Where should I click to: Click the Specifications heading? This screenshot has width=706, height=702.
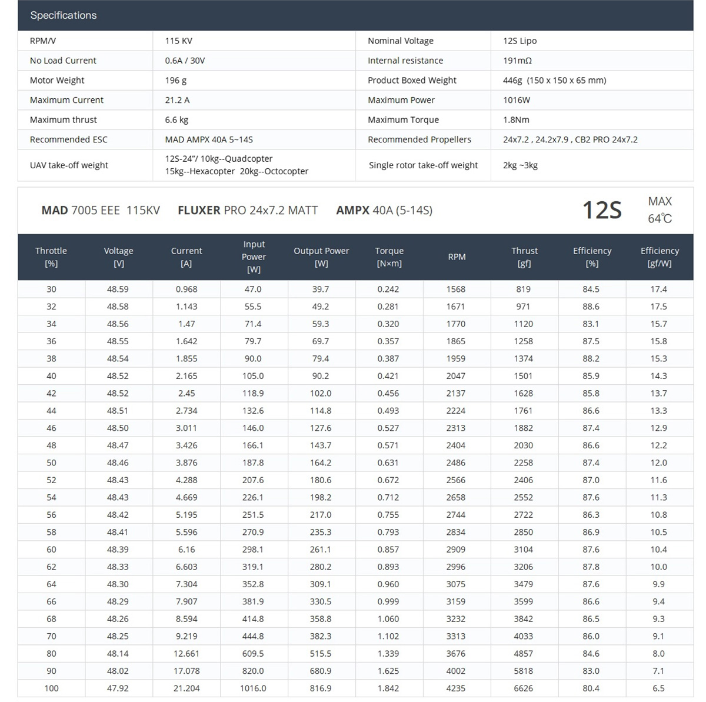(x=64, y=15)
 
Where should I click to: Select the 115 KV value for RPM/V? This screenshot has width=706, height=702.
(x=178, y=41)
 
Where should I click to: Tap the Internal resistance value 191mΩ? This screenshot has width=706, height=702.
(x=517, y=61)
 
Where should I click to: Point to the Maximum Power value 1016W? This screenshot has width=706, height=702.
(x=517, y=100)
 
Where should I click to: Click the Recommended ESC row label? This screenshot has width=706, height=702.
(x=69, y=139)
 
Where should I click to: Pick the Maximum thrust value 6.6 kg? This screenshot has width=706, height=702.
(x=176, y=119)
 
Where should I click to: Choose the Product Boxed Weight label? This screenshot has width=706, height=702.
(x=412, y=80)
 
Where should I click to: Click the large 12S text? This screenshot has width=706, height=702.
(x=601, y=210)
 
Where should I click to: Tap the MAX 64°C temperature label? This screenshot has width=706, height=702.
(x=660, y=210)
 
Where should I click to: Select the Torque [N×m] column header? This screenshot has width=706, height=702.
(x=389, y=257)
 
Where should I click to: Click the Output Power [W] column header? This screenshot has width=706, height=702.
(x=321, y=257)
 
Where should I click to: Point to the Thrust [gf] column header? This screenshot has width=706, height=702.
(x=524, y=257)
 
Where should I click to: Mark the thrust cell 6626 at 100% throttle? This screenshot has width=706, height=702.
(x=523, y=688)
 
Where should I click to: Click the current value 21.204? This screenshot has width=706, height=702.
(x=187, y=688)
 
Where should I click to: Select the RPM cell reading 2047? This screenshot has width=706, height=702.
(x=456, y=376)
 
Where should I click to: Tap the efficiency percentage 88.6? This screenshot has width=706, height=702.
(x=591, y=307)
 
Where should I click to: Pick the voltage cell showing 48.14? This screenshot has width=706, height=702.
(x=118, y=653)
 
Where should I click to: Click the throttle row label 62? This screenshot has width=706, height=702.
(x=51, y=567)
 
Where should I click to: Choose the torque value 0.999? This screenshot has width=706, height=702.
(x=388, y=601)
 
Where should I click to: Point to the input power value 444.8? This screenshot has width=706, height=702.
(x=253, y=636)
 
